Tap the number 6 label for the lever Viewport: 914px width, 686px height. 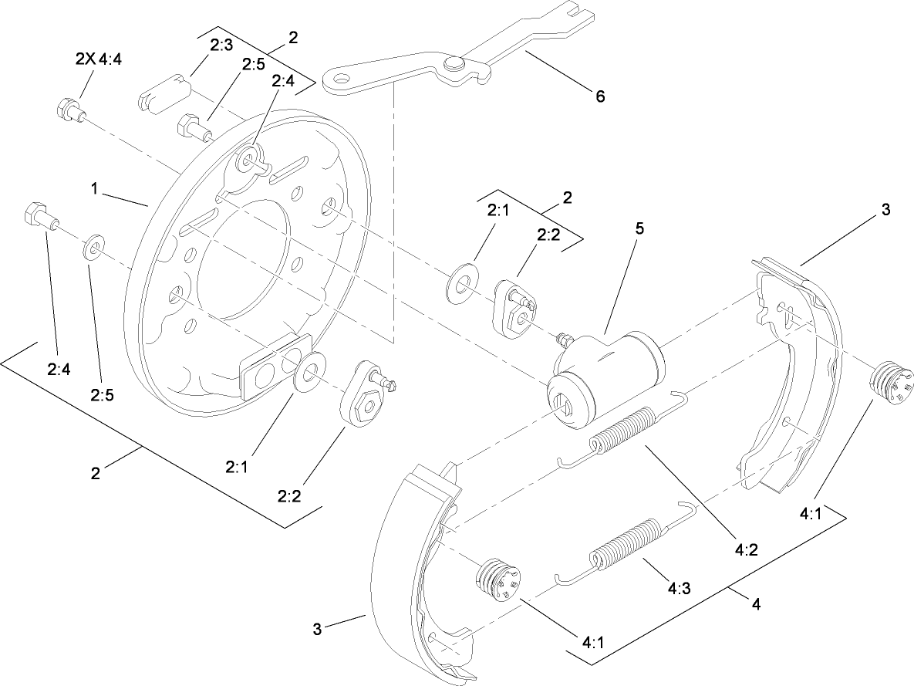[x=599, y=96]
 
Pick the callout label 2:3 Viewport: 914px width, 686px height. [x=221, y=46]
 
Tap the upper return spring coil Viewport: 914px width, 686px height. [x=625, y=432]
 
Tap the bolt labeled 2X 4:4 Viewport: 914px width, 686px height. [x=67, y=110]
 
